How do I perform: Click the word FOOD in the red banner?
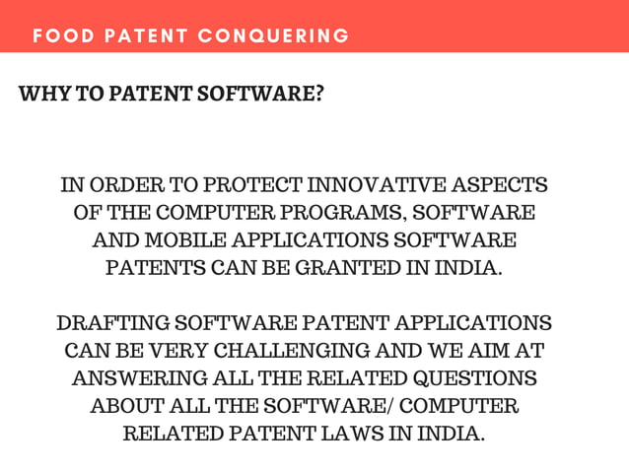point(58,36)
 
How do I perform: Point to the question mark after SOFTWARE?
point(319,95)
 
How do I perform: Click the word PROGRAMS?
point(344,213)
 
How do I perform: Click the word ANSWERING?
point(139,378)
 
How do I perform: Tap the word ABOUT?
point(127,406)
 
